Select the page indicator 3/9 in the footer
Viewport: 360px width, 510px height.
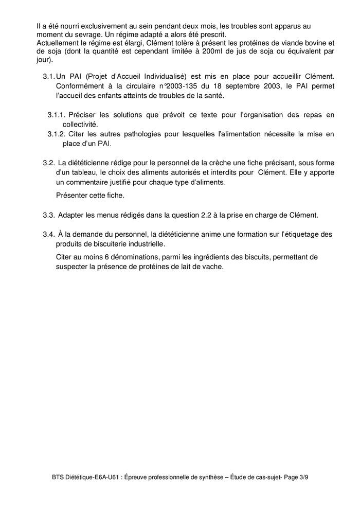tap(302, 477)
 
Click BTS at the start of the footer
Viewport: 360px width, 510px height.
tap(59, 477)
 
